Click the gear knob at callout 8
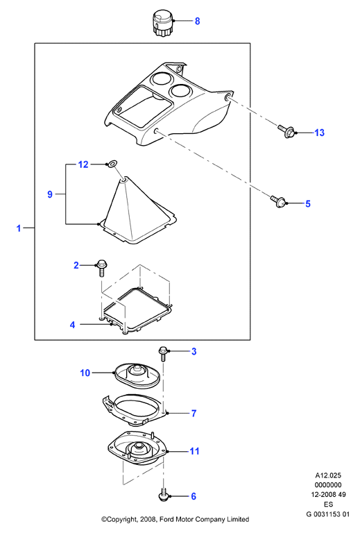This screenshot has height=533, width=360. click(x=163, y=22)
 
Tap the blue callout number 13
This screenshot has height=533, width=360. click(x=319, y=133)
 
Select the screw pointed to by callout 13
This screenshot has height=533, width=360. click(x=286, y=132)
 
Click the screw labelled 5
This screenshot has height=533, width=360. click(x=278, y=201)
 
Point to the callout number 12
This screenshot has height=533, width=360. click(x=83, y=164)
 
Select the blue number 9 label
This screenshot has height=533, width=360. click(x=50, y=194)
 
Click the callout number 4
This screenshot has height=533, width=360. click(x=72, y=325)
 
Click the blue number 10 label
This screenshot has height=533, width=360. click(x=85, y=373)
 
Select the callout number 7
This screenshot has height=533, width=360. click(x=194, y=413)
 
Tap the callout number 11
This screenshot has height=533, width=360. click(x=194, y=451)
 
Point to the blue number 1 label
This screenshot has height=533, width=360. click(x=19, y=228)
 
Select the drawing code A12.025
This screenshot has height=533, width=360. click(x=328, y=475)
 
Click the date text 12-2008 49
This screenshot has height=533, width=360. click(x=328, y=495)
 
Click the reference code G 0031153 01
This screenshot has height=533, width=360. click(x=328, y=514)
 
